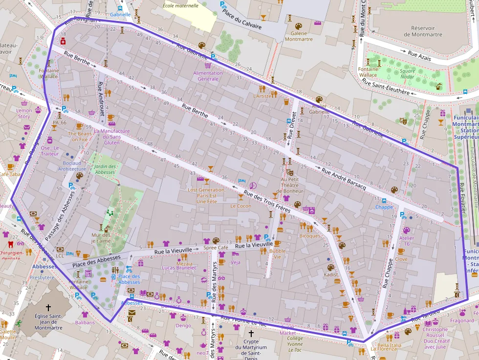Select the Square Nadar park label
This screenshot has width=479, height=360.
[407, 74]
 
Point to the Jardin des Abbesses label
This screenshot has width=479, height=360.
[105, 169]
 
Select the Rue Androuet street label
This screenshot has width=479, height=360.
[101, 94]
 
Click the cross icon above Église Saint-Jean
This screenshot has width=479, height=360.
[48, 308]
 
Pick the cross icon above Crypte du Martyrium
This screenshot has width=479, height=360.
[251, 333]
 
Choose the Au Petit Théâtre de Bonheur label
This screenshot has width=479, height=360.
[292, 185]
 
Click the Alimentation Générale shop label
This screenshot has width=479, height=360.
[208, 76]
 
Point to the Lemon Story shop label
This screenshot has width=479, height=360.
[24, 113]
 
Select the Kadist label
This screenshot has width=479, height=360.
[331, 275]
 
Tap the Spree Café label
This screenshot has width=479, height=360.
[216, 248]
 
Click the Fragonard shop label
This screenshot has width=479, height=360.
[462, 321]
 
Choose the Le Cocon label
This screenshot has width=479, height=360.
[240, 206]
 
